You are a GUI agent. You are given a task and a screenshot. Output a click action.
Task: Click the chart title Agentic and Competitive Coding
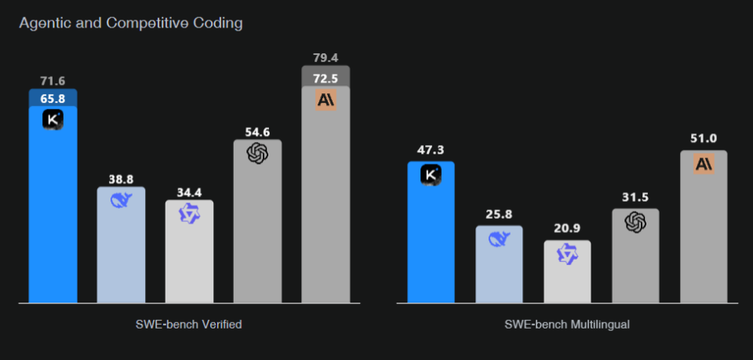[130, 23]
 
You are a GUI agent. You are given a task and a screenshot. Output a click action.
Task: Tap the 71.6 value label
[53, 81]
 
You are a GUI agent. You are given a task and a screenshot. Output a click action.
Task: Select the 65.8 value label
[53, 98]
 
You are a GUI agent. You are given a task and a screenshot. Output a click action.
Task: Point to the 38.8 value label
[121, 179]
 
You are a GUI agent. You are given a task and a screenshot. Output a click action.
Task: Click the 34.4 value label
[189, 191]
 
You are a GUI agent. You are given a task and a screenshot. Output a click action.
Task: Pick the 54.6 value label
[257, 131]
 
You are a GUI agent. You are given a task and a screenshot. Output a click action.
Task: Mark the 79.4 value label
[326, 57]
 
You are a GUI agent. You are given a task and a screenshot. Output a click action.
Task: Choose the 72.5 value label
[326, 78]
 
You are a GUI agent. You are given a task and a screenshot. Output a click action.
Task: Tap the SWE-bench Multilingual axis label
[566, 325]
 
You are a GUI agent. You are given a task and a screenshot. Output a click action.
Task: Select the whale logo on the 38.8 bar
[122, 201]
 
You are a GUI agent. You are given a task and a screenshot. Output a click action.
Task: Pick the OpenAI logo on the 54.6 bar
[257, 154]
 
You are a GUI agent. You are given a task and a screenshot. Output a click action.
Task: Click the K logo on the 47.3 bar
[431, 174]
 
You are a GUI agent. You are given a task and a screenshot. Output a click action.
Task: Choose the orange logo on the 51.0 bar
[704, 163]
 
